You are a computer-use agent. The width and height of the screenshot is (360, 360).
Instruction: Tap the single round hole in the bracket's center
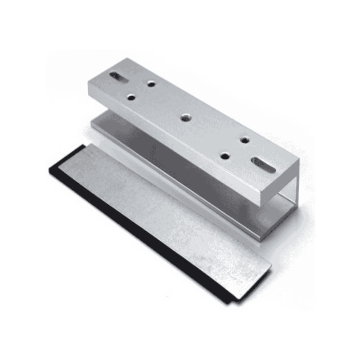coord(184,118)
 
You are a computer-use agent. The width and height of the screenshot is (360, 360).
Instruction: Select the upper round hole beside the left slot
coord(151,83)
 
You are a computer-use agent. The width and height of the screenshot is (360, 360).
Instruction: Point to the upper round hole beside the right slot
coord(245,140)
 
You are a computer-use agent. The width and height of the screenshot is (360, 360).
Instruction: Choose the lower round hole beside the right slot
coord(225,156)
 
